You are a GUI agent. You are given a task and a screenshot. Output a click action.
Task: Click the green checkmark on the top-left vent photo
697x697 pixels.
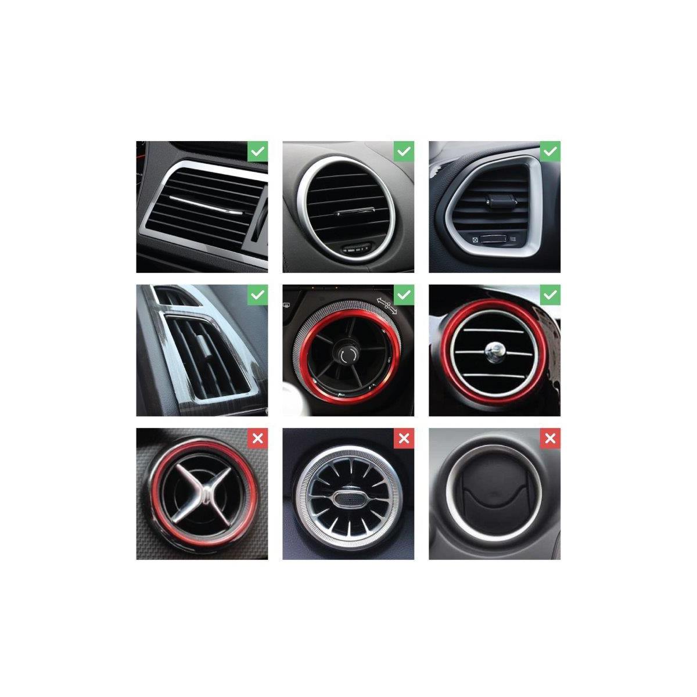point(258,152)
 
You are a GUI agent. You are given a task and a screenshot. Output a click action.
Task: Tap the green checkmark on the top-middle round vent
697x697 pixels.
point(405,152)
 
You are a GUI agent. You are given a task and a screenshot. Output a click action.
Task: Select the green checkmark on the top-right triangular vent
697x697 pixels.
point(551,152)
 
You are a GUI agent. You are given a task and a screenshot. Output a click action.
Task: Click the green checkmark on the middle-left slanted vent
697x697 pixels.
point(258,295)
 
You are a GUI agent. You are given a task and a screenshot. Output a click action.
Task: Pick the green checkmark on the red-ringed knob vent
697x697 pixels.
point(405,295)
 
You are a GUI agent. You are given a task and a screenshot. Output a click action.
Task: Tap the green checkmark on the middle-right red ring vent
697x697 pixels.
point(551,295)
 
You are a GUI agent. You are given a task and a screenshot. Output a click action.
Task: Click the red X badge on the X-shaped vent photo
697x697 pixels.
point(258,439)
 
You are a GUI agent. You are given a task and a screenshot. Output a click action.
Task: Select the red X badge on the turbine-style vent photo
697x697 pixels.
point(405,439)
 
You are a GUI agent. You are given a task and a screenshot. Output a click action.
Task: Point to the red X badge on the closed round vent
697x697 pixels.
point(551,439)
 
